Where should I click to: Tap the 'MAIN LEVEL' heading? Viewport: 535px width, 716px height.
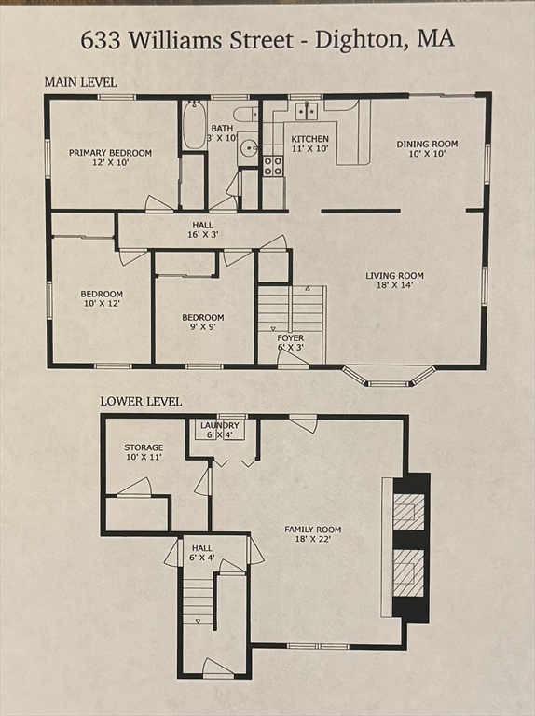80,82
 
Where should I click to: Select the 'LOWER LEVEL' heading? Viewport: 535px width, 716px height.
141,401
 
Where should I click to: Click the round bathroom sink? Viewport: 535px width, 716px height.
248,147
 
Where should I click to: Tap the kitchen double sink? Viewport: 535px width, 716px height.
305,112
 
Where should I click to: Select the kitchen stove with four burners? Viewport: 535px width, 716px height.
273,166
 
